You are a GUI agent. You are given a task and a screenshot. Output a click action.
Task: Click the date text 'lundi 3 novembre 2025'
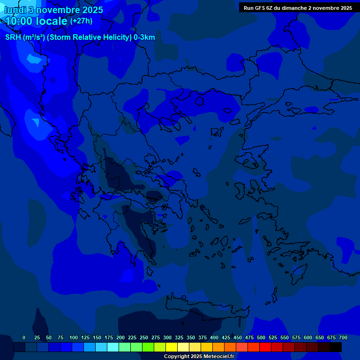(53, 10)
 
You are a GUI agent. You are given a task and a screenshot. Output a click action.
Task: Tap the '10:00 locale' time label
(36, 21)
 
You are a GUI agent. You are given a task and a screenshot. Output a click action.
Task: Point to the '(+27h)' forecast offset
(81, 21)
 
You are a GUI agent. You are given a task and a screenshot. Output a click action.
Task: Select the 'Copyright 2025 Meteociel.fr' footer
(199, 356)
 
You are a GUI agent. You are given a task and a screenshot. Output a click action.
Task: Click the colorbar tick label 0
(24, 337)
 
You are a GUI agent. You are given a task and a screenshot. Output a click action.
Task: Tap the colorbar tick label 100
(74, 337)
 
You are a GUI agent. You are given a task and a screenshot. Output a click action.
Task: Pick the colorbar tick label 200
(120, 337)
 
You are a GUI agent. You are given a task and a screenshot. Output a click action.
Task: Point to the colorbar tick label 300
(167, 337)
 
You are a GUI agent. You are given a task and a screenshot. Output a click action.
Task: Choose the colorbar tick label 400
(214, 337)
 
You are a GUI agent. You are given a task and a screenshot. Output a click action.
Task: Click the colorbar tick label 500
(261, 337)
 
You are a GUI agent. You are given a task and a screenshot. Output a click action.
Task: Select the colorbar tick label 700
(343, 337)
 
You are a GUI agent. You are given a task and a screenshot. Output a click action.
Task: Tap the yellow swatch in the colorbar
(172, 347)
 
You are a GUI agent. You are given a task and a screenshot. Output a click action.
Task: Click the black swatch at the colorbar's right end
(336, 347)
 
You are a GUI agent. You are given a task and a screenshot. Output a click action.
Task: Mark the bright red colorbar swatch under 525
(265, 347)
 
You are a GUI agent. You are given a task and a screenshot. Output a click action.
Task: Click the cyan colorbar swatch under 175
(113, 347)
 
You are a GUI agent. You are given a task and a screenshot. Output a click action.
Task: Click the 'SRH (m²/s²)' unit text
(25, 37)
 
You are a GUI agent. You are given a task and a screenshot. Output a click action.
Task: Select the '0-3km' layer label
(144, 37)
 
